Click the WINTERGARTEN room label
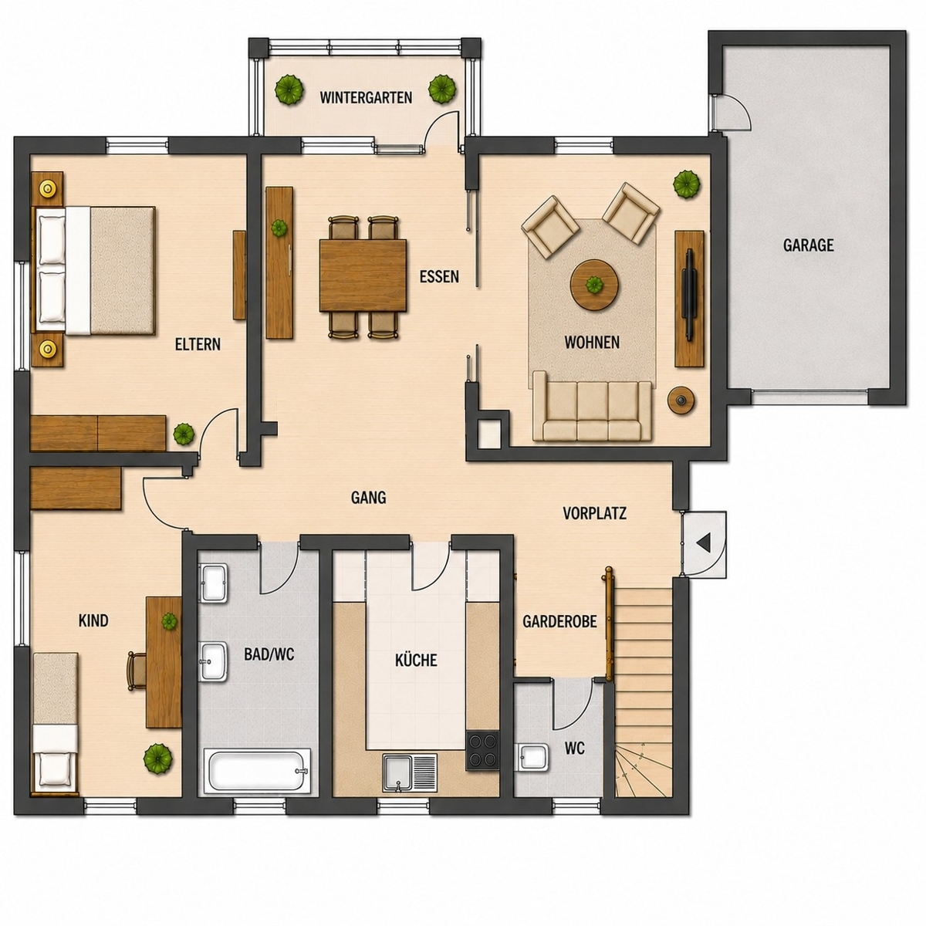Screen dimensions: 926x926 pos(366,97)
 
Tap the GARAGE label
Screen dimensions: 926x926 pos(808,245)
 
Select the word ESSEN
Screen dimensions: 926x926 pos(439,277)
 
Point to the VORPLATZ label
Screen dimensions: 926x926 pos(594,514)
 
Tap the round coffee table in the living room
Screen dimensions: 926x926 pos(594,285)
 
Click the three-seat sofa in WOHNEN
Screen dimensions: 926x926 pos(592,406)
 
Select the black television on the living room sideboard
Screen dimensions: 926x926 pos(690,296)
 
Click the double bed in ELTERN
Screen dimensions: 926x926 pos(94,270)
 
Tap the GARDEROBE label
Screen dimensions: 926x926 pos(559,621)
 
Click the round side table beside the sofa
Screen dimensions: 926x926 pos(681,399)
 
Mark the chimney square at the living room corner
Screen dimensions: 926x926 pos(490,433)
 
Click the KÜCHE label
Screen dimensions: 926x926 pos(416,660)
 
